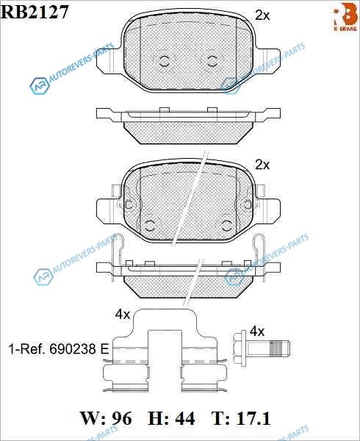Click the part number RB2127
pyautogui.click(x=35, y=12)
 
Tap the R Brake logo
pyautogui.click(x=345, y=17)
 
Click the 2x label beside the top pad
pyautogui.click(x=262, y=15)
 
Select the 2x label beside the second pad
pyautogui.click(x=262, y=165)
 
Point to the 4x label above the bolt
pyautogui.click(x=257, y=331)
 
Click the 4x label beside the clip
pyautogui.click(x=123, y=315)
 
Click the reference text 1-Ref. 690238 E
pyautogui.click(x=59, y=349)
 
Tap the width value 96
pyautogui.click(x=121, y=418)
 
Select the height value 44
pyautogui.click(x=184, y=418)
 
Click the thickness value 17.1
pyautogui.click(x=253, y=418)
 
